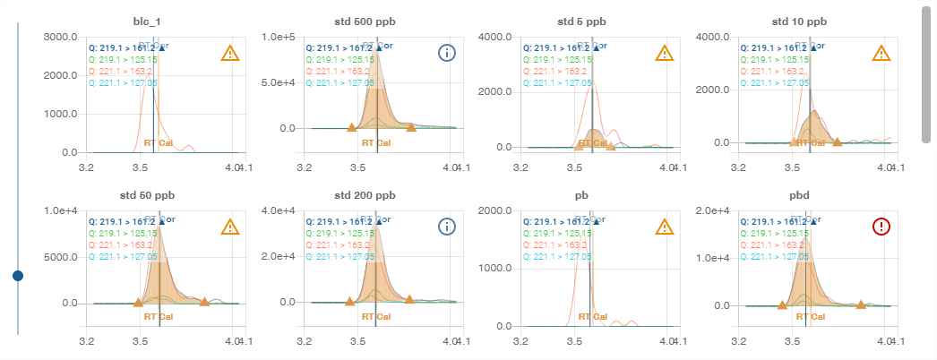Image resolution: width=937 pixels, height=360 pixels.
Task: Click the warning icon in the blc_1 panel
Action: tap(230, 53)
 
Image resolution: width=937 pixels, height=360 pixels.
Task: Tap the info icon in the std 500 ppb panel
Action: tap(447, 53)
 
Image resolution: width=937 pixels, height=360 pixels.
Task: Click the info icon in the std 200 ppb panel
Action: tap(447, 227)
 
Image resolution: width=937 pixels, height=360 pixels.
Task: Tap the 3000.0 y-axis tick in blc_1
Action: tap(60, 37)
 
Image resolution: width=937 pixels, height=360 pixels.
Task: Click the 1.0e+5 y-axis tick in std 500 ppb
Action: tap(277, 37)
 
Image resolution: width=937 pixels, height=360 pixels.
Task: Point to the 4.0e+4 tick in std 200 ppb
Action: tap(277, 210)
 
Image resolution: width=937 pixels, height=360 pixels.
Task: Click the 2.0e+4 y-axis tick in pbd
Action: tap(712, 210)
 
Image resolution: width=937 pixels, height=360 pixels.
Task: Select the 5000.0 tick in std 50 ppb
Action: tap(60, 257)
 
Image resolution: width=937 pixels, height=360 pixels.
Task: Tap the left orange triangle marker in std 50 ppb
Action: tap(137, 303)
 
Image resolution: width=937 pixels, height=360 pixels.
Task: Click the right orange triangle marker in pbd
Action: tap(860, 305)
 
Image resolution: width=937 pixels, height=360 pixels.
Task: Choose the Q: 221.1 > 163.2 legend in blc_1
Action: tap(120, 71)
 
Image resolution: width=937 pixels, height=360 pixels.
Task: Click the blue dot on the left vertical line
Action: tap(18, 276)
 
